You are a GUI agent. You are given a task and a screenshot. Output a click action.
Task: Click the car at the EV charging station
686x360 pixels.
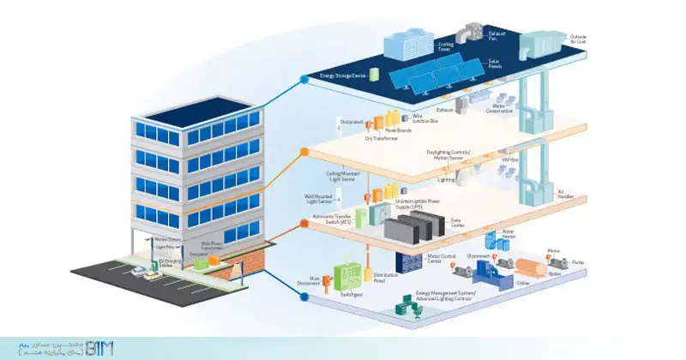[x=139, y=271]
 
